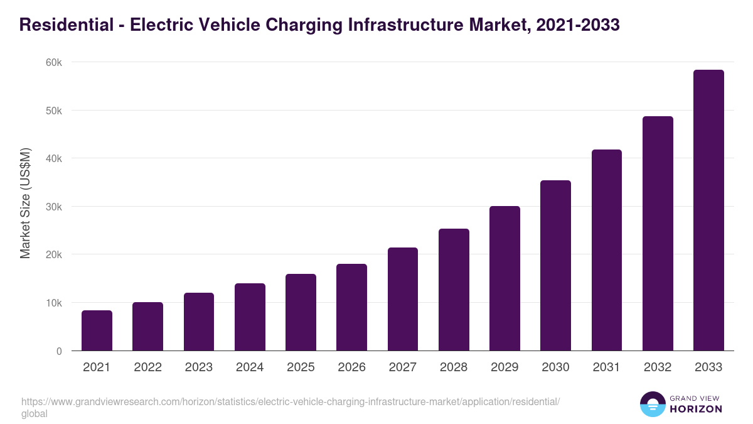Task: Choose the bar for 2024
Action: pos(250,317)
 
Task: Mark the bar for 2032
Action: pos(658,234)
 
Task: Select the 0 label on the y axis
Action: pos(59,351)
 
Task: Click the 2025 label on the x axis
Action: pos(301,367)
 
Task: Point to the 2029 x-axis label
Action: pos(505,367)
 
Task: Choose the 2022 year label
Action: pos(147,367)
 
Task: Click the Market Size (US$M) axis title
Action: pos(25,204)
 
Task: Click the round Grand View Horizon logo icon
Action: pos(653,405)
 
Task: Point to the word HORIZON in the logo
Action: pos(697,409)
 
